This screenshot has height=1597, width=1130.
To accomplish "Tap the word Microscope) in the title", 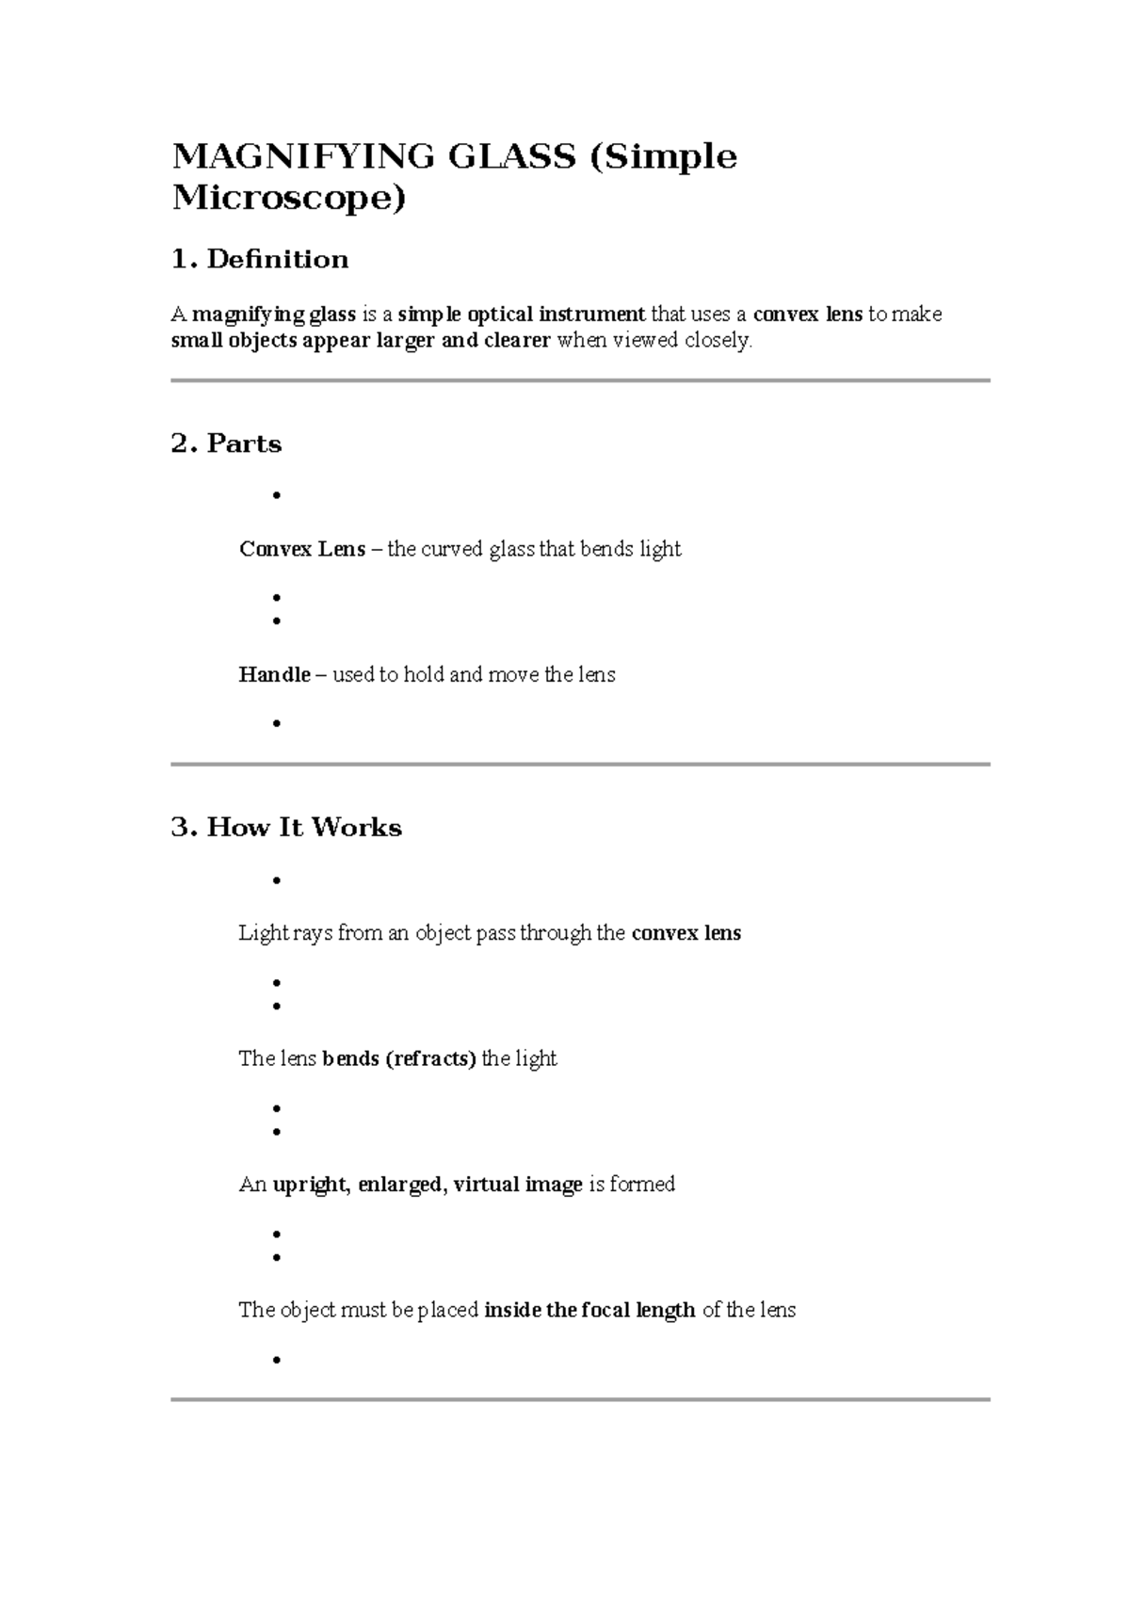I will pos(289,199).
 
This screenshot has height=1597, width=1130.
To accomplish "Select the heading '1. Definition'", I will pos(260,259).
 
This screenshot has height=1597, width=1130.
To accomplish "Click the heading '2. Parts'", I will pos(226,444).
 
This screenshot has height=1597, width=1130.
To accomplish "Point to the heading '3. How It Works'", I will pos(286,827).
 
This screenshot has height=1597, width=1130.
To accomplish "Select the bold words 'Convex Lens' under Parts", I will pos(302,549).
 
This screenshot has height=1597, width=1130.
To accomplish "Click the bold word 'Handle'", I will pos(275,674).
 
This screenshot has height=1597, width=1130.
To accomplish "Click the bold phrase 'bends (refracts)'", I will pos(399,1058).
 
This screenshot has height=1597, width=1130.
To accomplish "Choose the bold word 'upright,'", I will pos(312,1185).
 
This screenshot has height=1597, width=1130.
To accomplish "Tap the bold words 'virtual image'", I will pos(518,1185).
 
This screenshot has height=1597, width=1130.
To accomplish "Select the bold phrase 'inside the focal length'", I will pos(589,1310).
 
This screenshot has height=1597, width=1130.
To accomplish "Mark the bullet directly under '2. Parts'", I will pos(276,495).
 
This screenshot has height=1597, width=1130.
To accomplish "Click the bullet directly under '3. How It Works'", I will pos(276,879).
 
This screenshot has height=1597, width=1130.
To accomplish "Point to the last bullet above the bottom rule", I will pos(276,1360).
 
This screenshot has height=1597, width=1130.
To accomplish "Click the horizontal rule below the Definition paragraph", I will pos(580,380).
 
